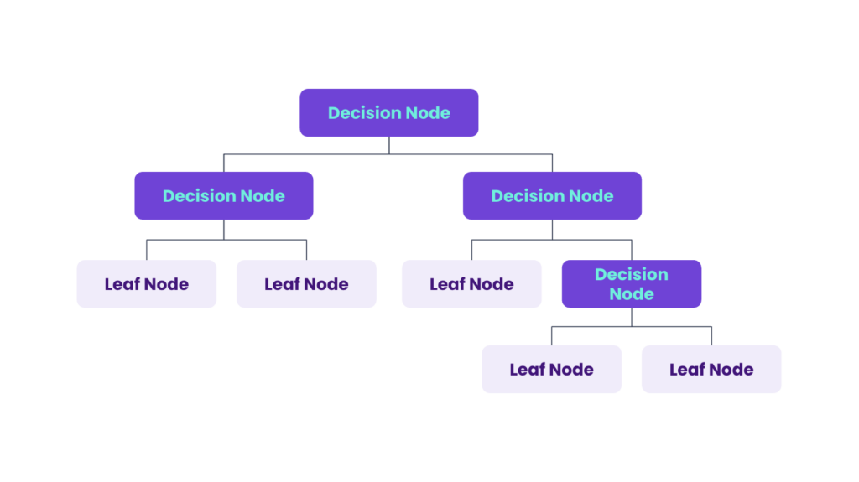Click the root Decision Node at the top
tap(389, 112)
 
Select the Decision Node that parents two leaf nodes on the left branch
tap(223, 195)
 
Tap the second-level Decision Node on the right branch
tap(552, 195)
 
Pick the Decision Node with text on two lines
tap(631, 283)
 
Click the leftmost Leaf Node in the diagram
tap(146, 283)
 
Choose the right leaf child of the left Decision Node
tap(306, 283)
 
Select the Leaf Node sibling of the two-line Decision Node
tap(471, 283)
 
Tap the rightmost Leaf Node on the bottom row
tap(711, 369)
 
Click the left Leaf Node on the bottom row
tap(551, 369)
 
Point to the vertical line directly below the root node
tap(389, 145)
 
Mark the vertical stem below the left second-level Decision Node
tap(223, 229)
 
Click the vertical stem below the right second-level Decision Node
tap(552, 229)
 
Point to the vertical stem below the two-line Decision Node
tap(632, 317)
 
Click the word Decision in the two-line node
tap(631, 274)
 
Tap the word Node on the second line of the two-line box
tap(631, 293)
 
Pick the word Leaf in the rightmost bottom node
tap(687, 369)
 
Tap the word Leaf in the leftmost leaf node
tap(122, 283)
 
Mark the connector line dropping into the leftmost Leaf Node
tap(147, 250)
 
